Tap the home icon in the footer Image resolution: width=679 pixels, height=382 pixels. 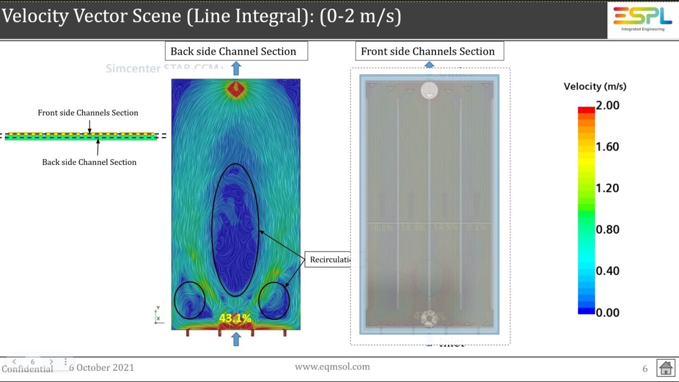665,368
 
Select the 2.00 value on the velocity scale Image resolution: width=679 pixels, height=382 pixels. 607,106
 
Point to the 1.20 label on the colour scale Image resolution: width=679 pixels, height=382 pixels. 607,188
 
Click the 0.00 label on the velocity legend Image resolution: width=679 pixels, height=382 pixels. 607,312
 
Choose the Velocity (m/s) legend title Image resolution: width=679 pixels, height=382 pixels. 595,86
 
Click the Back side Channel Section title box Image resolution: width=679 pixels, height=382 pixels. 236,51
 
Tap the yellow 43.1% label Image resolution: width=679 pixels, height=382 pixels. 234,318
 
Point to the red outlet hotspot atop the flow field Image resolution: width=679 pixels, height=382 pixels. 236,89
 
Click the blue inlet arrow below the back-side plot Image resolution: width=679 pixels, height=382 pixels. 236,339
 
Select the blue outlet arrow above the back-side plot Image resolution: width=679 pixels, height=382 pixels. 236,68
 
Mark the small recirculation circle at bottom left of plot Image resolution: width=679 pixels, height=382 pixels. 189,300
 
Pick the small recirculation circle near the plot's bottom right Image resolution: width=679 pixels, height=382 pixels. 274,300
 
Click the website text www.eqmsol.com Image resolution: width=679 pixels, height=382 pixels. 332,367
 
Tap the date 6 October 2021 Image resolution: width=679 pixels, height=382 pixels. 101,368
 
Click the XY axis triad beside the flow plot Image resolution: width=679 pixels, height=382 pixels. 158,315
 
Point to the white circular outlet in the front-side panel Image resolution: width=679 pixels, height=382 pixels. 429,91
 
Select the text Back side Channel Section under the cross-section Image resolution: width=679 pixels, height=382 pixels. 89,162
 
